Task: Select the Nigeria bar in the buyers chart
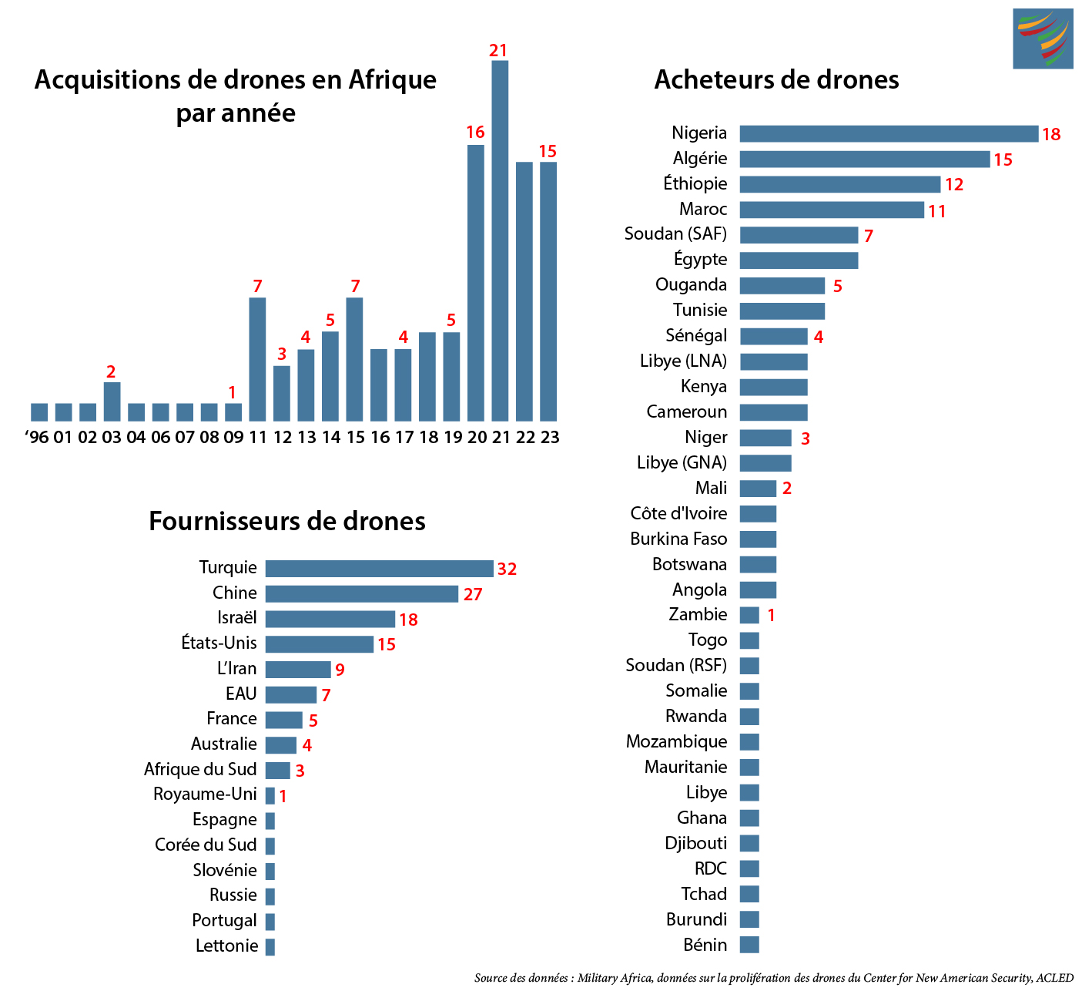tap(889, 134)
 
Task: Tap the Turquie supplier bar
tap(379, 569)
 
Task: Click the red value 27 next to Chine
tap(473, 595)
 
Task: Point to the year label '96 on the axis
tap(37, 438)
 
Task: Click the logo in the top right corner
tap(1043, 39)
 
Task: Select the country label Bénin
tap(705, 945)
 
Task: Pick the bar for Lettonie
tap(270, 946)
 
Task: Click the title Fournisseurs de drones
tap(286, 522)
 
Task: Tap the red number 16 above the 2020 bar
tap(475, 133)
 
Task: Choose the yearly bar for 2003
tap(112, 401)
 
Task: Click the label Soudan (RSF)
tap(676, 665)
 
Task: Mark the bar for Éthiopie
tap(840, 184)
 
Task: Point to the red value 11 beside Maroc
tap(936, 211)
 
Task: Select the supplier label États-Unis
tap(219, 643)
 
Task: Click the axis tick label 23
tap(550, 438)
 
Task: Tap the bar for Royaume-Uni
tap(270, 795)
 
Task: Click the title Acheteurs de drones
tap(776, 80)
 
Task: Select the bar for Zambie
tap(749, 615)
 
